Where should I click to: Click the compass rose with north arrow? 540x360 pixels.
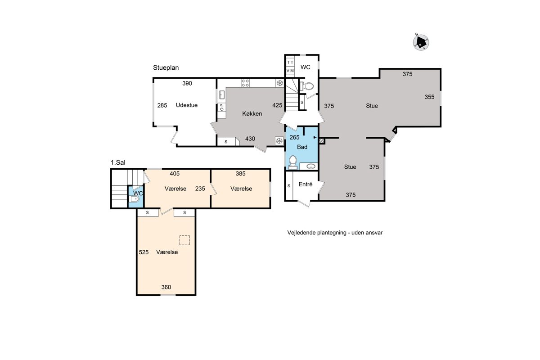tap(421, 42)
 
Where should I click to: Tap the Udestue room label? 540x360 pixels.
tap(187, 105)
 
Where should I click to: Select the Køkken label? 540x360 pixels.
tap(252, 113)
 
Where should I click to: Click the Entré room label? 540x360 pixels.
tap(306, 184)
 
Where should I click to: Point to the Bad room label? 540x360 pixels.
tap(302, 147)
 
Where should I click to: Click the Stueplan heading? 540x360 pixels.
tap(166, 68)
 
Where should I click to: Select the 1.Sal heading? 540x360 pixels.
tap(118, 162)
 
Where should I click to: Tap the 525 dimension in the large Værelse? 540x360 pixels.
tap(144, 252)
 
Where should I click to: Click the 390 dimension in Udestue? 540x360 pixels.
tap(187, 83)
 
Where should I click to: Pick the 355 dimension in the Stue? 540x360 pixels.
tap(429, 97)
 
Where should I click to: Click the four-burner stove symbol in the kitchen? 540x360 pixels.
tap(245, 83)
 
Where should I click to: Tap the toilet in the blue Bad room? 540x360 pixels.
tap(293, 162)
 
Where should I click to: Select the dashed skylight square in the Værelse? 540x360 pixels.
tap(184, 240)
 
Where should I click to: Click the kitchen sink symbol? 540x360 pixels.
tap(222, 94)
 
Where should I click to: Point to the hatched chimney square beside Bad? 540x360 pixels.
tap(322, 141)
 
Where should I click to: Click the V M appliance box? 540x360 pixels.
tap(290, 71)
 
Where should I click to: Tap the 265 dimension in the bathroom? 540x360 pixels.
tap(294, 137)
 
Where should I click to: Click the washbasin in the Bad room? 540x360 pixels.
tap(310, 166)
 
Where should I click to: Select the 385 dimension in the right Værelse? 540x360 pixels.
tap(241, 174)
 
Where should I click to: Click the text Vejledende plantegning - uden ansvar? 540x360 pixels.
tap(335, 233)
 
